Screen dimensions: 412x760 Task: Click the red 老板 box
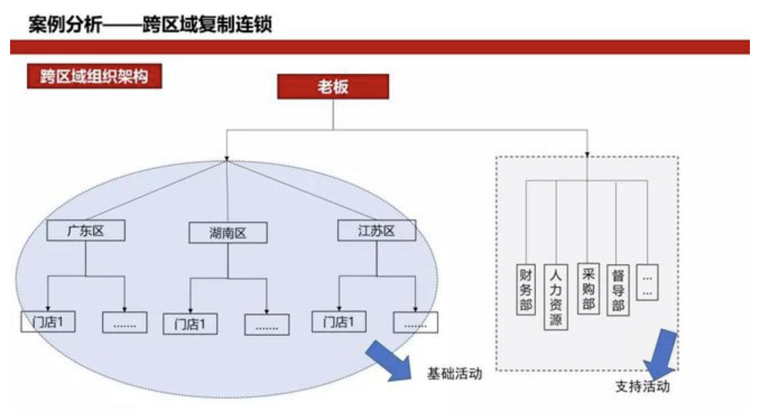point(333,87)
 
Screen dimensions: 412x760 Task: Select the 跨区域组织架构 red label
point(94,77)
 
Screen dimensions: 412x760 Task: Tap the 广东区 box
point(86,231)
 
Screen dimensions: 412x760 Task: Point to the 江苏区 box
point(377,231)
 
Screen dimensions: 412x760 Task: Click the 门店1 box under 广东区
point(48,322)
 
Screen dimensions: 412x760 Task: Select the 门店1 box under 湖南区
point(190,324)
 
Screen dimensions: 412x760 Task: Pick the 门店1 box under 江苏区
point(339,322)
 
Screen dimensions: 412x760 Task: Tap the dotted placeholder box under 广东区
point(124,323)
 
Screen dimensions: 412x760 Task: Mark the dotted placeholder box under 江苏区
point(415,323)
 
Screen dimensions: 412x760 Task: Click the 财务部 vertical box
point(526,289)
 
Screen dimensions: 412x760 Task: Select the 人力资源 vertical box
point(556,297)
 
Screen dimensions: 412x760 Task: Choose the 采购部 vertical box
point(588,289)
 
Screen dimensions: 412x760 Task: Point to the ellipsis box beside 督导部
point(647,282)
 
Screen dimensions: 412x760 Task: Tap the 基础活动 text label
point(455,373)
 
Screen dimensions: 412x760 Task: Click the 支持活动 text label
point(642,387)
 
